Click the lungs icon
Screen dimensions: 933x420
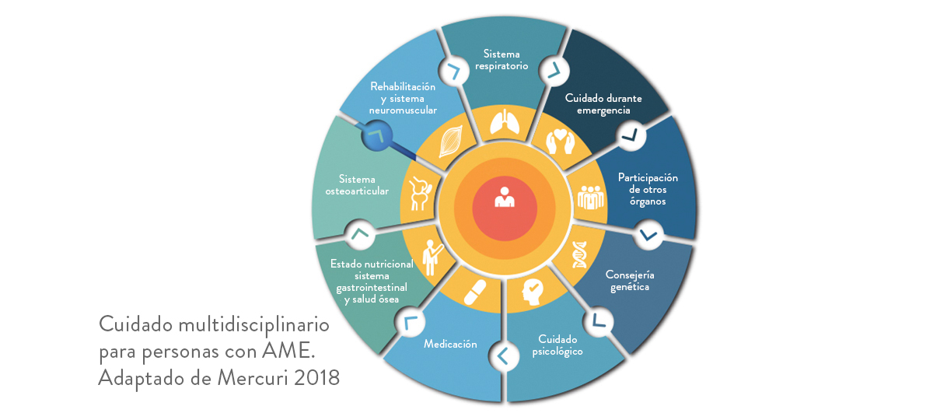[505, 122]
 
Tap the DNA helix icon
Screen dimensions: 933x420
[579, 254]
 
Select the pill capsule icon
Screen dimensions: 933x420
[475, 292]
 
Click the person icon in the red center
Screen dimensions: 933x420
[505, 197]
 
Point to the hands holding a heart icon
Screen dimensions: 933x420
[561, 142]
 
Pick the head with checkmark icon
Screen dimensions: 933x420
[533, 292]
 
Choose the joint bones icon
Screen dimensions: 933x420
[421, 194]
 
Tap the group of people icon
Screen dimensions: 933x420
[591, 197]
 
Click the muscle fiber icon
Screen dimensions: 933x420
[451, 142]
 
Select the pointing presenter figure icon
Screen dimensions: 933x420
[432, 258]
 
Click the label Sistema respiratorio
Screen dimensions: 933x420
[502, 60]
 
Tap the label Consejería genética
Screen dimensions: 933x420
[630, 281]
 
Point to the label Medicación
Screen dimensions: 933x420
[450, 344]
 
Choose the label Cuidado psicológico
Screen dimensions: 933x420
[557, 345]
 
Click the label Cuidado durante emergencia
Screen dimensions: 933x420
[603, 104]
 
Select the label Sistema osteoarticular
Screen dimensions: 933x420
[357, 185]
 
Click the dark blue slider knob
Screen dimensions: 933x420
[377, 135]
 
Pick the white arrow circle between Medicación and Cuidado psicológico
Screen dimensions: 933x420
[504, 356]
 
